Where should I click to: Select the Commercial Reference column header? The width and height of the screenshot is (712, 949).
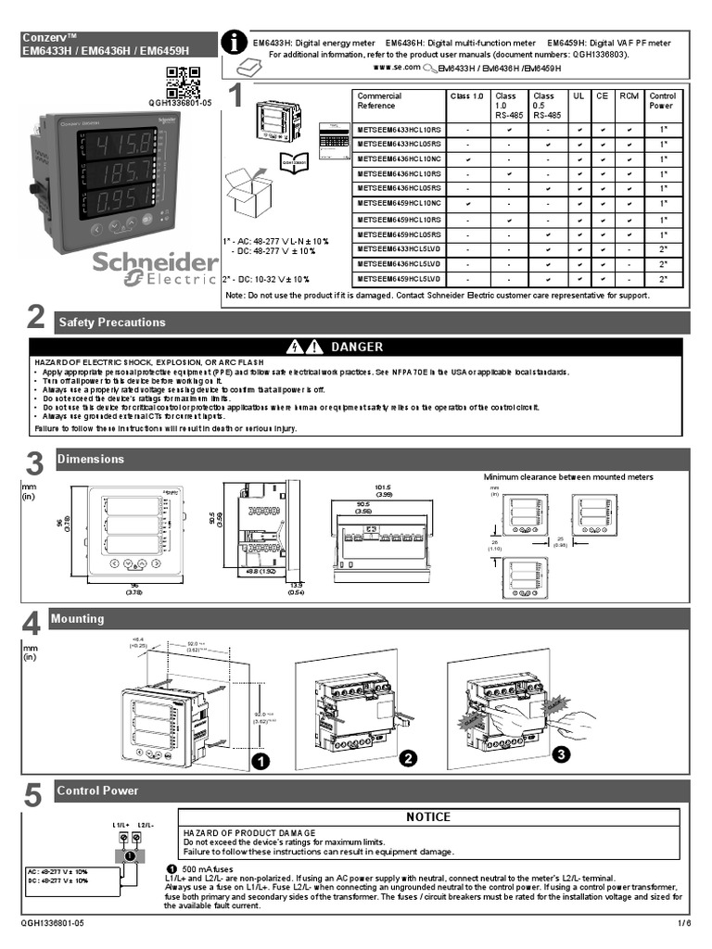tap(380, 100)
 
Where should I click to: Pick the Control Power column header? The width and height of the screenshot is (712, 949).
tap(662, 100)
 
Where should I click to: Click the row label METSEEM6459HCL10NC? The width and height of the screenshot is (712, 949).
tap(400, 203)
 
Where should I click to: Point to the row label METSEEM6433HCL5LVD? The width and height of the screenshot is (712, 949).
tap(400, 249)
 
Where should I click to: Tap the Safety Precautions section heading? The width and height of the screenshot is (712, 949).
tap(111, 323)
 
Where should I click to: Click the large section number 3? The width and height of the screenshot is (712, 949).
tap(34, 462)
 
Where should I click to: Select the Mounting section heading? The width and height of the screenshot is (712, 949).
tap(78, 619)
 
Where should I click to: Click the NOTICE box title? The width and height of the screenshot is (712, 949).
tap(428, 816)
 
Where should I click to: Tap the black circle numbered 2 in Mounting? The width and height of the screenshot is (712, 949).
tap(405, 759)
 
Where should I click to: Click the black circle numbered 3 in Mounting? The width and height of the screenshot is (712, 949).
tap(559, 754)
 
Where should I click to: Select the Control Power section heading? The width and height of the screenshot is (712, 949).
tap(97, 791)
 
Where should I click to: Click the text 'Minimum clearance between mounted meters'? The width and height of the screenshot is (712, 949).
tap(568, 477)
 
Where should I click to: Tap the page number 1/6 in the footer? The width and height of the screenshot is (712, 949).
tap(684, 924)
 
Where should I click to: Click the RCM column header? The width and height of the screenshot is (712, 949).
tap(629, 95)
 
